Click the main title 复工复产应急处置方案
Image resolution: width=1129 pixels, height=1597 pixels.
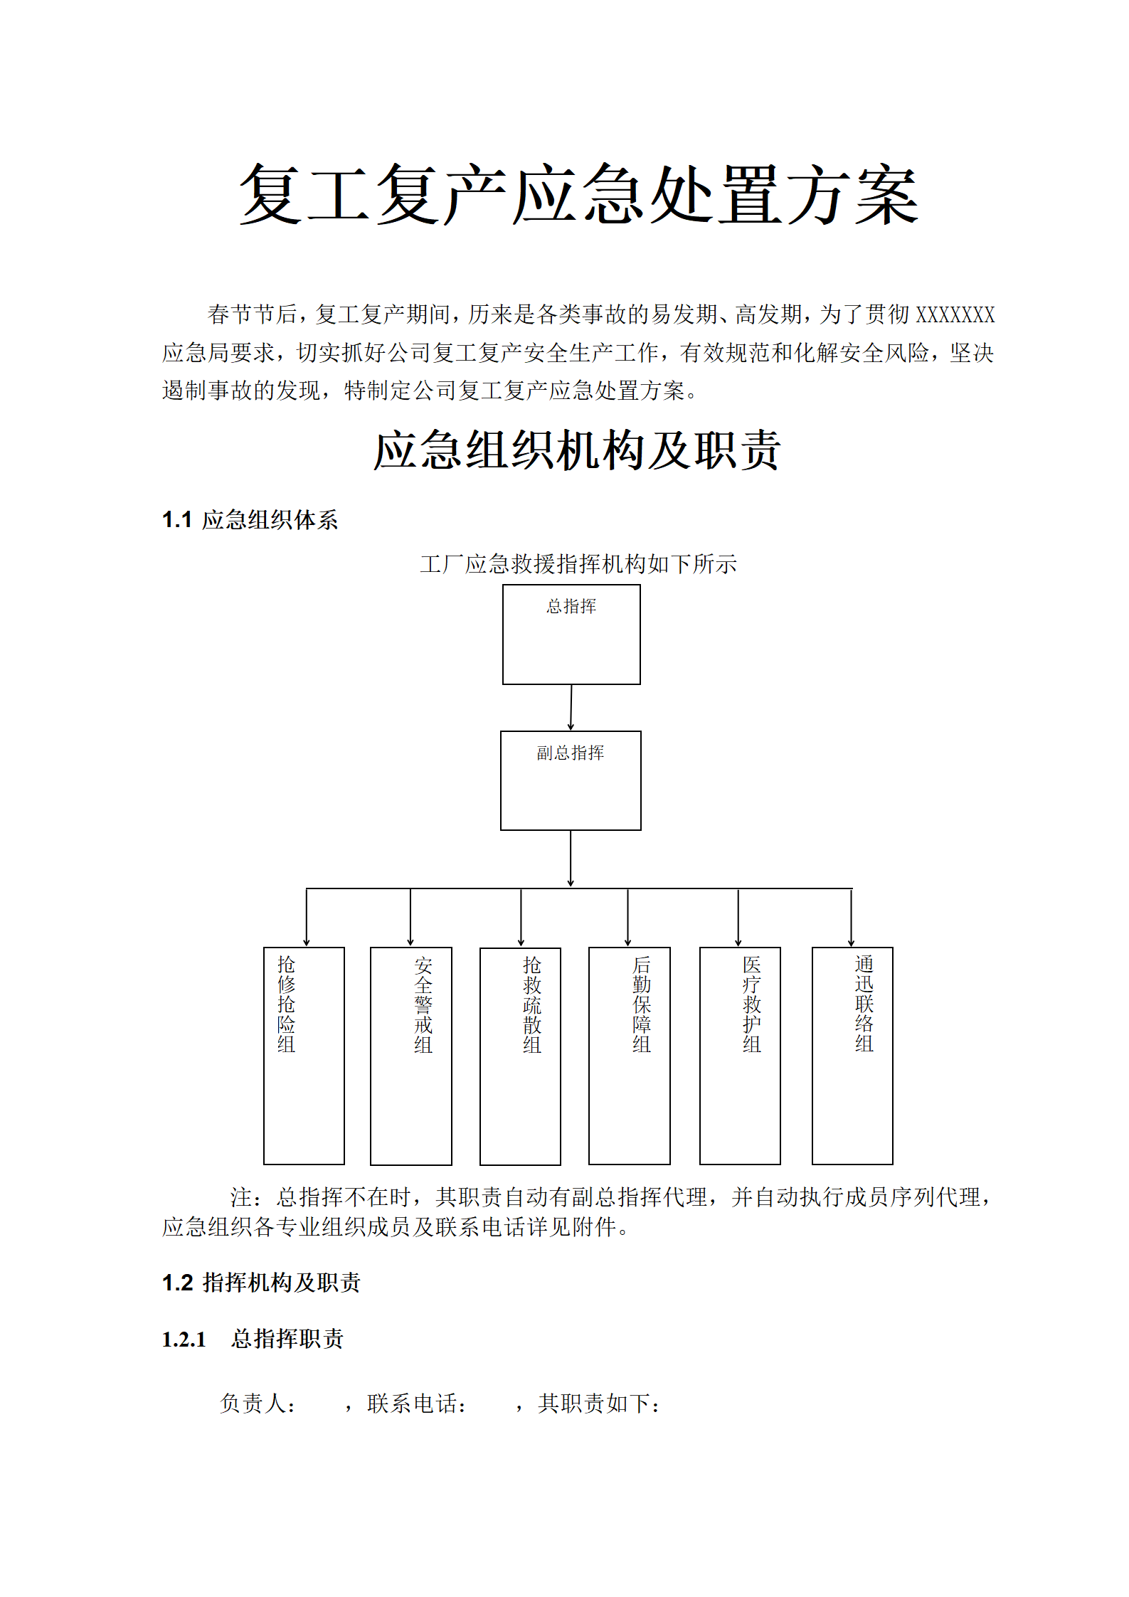tap(578, 194)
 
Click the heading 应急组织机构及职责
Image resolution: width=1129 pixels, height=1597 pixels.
tap(578, 450)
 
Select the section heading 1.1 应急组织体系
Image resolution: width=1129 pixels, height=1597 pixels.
tap(250, 520)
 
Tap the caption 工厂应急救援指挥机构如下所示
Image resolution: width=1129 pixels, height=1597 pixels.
tap(578, 564)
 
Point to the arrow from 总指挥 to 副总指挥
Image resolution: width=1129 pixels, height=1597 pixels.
tap(571, 708)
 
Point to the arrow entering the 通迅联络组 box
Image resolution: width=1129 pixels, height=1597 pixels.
tap(852, 918)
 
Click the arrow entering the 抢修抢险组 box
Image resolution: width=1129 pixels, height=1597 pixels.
tap(307, 918)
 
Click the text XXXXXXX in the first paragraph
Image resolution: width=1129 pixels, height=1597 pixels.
tap(955, 314)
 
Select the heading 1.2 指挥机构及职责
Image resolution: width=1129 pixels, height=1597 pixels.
tap(261, 1283)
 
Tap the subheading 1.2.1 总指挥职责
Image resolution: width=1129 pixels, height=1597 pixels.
tap(253, 1339)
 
